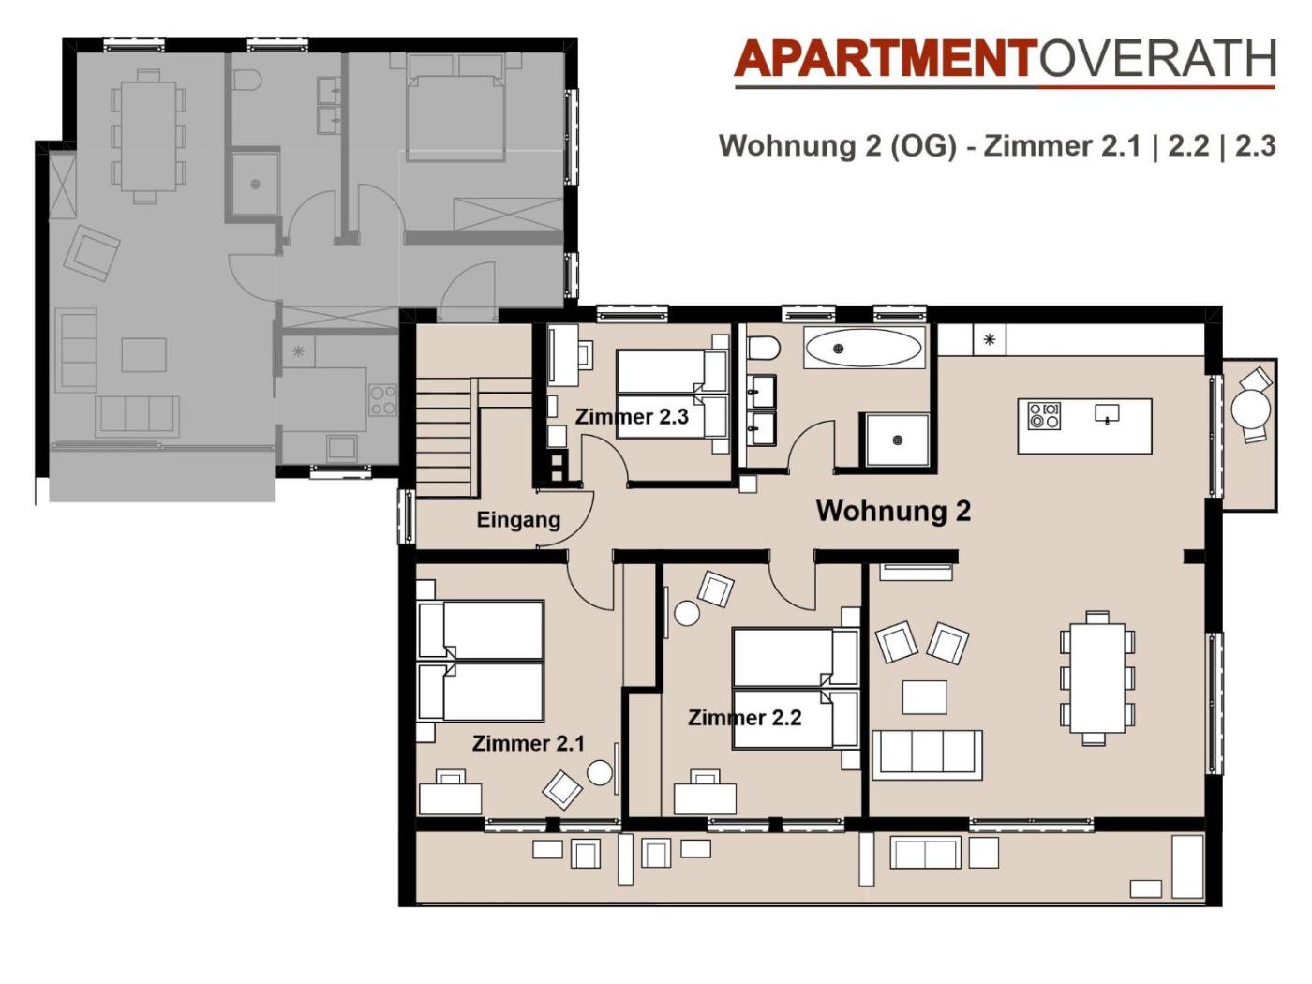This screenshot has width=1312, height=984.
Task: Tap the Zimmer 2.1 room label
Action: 529,743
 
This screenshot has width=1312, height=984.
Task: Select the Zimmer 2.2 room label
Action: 745,718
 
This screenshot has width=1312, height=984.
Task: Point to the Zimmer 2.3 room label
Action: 632,416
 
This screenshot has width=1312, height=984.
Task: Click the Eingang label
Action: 518,520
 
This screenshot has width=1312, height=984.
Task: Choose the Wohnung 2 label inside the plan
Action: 894,511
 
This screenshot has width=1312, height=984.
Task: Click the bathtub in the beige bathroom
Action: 864,347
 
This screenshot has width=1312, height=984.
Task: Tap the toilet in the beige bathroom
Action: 763,348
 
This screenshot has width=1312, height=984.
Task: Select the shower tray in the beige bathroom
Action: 894,440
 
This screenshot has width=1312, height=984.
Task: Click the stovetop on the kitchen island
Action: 1044,416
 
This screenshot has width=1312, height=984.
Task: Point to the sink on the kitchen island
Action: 1107,413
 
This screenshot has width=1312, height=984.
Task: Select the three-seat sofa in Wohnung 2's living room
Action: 927,754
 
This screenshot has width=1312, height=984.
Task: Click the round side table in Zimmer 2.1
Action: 600,772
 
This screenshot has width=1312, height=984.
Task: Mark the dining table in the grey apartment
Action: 149,137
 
